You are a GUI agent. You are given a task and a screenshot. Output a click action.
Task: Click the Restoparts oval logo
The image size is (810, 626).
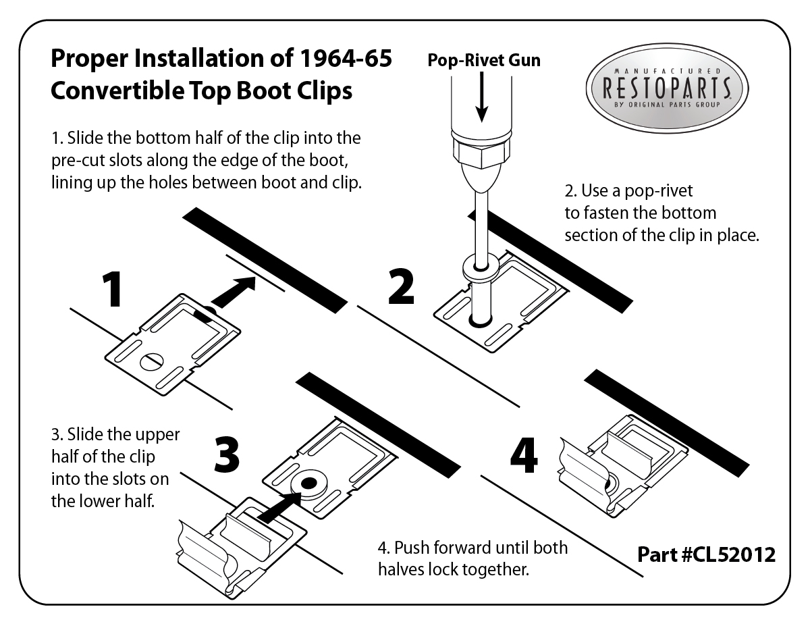click(667, 88)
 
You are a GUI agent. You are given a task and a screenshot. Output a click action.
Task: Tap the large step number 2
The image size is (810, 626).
click(401, 286)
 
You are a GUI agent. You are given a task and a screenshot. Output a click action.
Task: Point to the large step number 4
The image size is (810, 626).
click(524, 455)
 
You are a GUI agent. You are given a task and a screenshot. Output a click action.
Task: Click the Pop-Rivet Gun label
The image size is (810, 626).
click(484, 60)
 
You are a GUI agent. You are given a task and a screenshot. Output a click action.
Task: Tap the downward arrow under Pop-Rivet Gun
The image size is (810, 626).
click(481, 97)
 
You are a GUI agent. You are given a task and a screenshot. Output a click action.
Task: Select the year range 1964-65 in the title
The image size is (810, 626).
click(346, 58)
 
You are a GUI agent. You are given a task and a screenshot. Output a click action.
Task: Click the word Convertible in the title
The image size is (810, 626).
click(117, 90)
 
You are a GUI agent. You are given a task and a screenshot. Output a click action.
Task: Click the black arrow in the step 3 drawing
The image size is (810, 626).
click(279, 507)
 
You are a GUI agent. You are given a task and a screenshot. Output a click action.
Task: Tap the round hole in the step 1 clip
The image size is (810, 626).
click(152, 362)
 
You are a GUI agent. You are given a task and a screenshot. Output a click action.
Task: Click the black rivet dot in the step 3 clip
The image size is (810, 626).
click(308, 484)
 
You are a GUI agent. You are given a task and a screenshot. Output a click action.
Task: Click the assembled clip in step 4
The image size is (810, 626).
click(622, 466)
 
